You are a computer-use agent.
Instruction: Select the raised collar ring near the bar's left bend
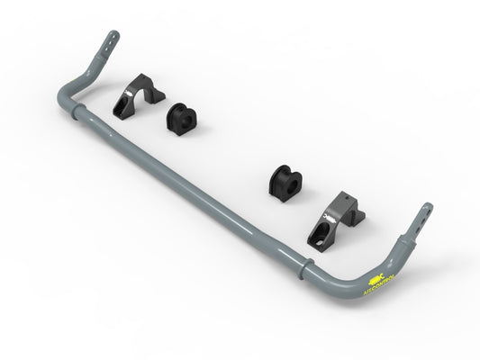click(84, 109)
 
